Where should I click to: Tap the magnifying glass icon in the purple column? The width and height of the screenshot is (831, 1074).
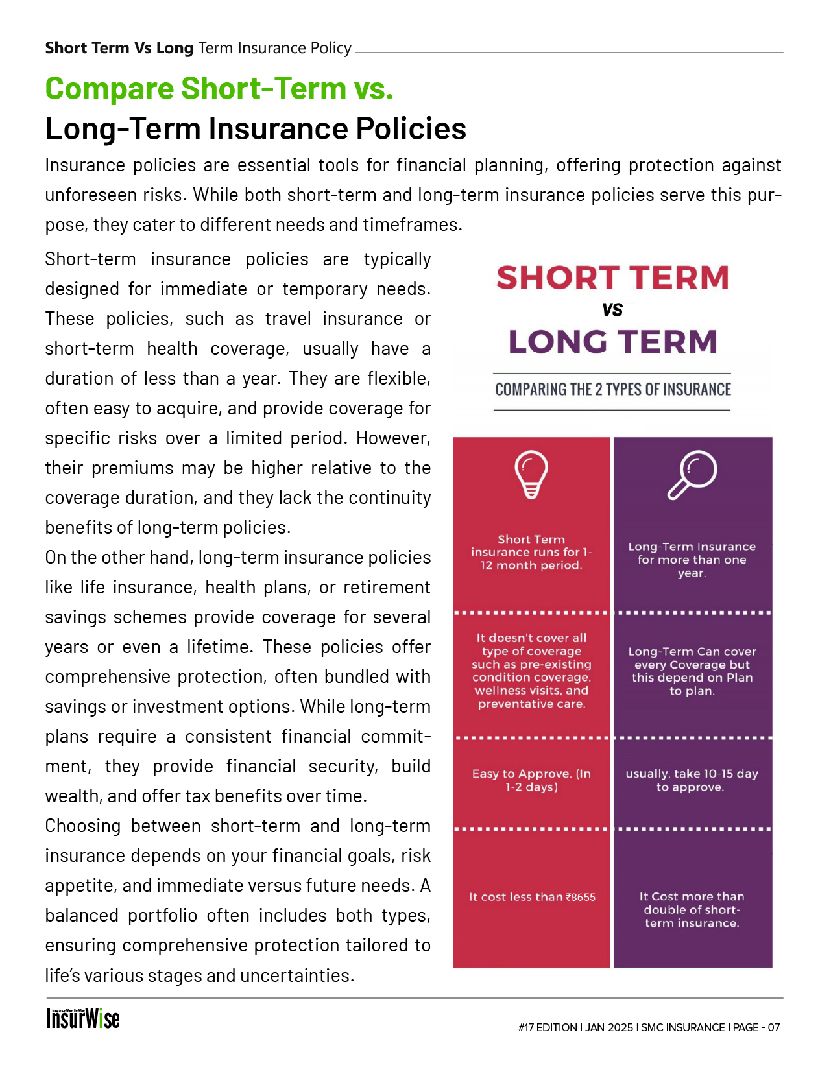pos(692,475)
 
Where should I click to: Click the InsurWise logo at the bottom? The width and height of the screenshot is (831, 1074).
pos(82,1018)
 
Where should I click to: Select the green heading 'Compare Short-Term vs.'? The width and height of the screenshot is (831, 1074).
pos(219,89)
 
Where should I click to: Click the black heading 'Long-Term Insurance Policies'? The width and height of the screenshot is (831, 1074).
pos(256,128)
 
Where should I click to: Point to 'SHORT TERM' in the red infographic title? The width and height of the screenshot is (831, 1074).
pos(612,278)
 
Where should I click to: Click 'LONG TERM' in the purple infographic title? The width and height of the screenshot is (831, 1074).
pos(612,342)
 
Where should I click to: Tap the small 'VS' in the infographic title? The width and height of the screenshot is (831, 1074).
pos(612,310)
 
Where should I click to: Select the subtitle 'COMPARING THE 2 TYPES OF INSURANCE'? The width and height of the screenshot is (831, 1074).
pos(612,390)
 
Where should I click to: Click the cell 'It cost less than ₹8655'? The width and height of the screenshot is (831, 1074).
pos(532,897)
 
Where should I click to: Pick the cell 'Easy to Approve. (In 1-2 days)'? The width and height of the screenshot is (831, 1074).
pos(531,780)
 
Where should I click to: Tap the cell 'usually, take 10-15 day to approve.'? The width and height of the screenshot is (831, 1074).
pos(692,780)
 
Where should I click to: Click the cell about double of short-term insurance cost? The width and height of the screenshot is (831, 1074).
pos(692,910)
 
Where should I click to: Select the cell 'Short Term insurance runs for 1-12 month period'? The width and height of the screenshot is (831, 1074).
pos(531,553)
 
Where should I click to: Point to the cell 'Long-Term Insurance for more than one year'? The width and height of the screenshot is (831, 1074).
pos(692,560)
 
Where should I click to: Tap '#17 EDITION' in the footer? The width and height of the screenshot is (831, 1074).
pos(548,1027)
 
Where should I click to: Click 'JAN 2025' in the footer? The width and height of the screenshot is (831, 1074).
pos(609,1027)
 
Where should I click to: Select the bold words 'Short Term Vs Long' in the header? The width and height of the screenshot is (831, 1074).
pos(119,48)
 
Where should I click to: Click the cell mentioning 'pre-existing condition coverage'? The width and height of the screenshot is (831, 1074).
pos(531,671)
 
